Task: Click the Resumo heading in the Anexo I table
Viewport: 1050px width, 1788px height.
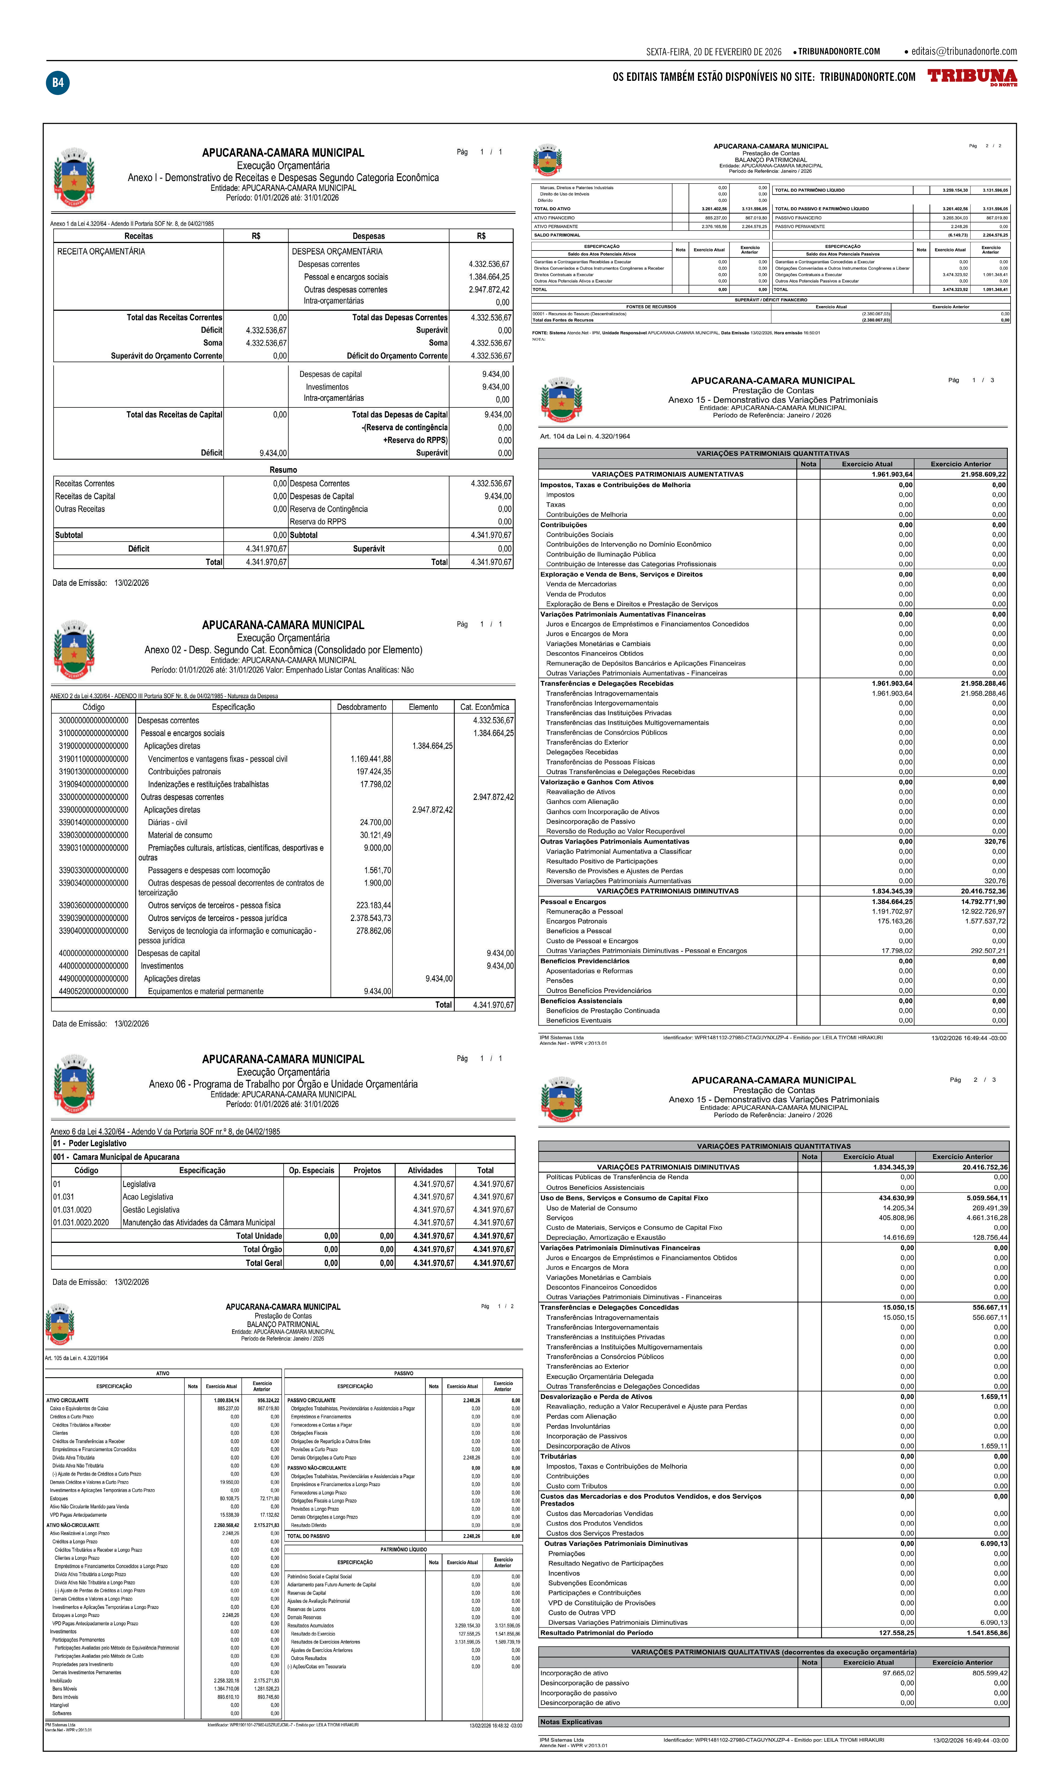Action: [283, 470]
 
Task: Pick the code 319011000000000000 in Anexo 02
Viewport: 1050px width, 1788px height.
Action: [94, 758]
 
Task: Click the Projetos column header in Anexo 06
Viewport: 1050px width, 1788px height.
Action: [367, 1171]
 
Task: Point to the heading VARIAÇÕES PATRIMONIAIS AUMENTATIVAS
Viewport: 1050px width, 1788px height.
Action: [667, 474]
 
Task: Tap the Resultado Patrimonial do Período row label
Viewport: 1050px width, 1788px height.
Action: [596, 1633]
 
